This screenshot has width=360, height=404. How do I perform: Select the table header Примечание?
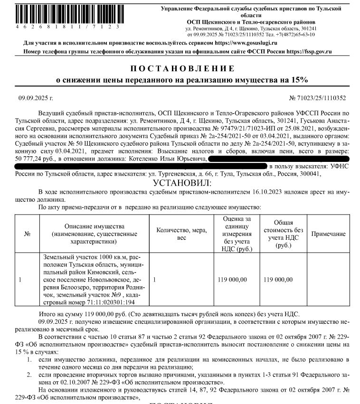328,234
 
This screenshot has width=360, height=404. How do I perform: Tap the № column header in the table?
27,234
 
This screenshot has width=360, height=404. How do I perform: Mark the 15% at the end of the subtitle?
299,80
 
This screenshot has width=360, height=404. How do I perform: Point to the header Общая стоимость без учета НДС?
283,234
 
